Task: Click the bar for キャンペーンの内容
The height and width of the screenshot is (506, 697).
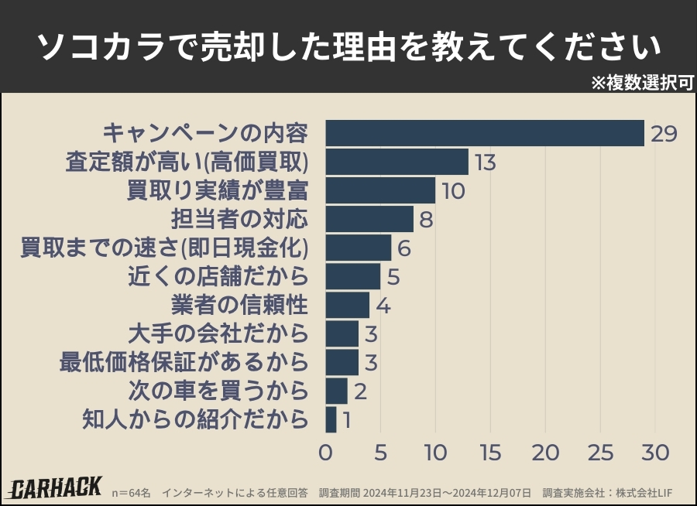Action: tap(485, 133)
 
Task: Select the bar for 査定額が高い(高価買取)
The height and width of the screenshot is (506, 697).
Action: tap(397, 162)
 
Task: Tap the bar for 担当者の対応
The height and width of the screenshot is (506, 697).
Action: tap(369, 219)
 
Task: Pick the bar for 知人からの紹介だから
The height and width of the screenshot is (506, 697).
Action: tap(331, 419)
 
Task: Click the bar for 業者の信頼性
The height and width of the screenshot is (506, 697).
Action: tap(347, 305)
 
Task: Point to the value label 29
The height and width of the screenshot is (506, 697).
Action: tap(664, 134)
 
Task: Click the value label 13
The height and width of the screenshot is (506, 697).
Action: tap(486, 162)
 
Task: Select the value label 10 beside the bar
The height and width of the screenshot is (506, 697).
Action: tap(453, 191)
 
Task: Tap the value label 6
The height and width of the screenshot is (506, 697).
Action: tap(403, 248)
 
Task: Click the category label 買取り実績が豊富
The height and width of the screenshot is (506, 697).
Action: tap(218, 190)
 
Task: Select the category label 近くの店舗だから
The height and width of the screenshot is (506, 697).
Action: tap(218, 276)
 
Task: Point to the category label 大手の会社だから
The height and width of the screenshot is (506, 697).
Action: tap(218, 333)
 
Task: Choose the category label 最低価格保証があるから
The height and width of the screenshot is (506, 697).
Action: tap(184, 362)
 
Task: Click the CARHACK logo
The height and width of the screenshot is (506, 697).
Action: tap(56, 487)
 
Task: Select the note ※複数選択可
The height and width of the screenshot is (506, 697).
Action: tap(642, 83)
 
